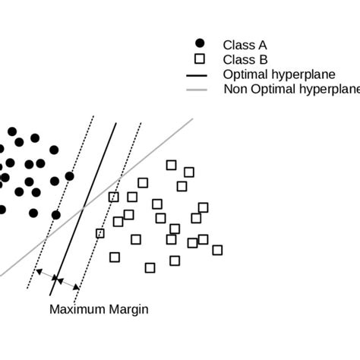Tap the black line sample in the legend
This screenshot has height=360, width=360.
coord(198,74)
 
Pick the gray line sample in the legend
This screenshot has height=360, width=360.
coord(198,90)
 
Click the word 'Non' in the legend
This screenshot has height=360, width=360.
coord(235,90)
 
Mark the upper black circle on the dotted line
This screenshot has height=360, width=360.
coord(69,176)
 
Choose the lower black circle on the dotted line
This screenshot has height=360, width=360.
coord(55,215)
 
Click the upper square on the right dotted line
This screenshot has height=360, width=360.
coord(114,197)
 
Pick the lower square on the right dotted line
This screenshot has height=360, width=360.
coord(99,233)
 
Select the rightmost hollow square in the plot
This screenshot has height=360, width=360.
coord(217,250)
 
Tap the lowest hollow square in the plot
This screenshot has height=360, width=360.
coord(150,267)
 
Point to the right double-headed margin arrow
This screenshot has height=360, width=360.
coord(69,284)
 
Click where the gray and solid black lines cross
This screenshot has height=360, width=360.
coord(86,204)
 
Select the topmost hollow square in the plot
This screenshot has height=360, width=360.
coord(172,165)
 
